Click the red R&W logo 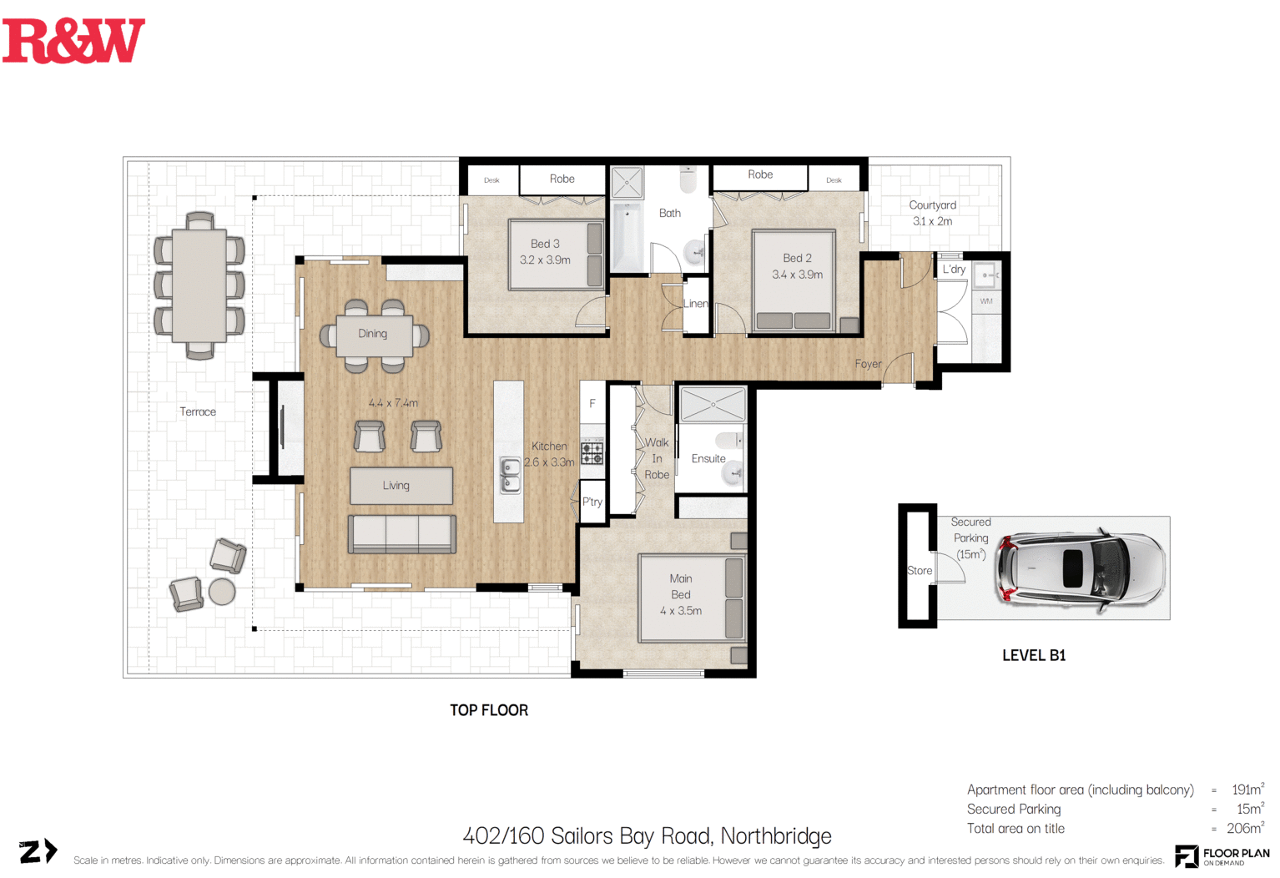[73, 41]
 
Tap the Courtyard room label [932, 205]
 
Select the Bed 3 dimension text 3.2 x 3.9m [545, 260]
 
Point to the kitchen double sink [510, 475]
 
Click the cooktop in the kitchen [592, 452]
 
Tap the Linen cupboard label [695, 304]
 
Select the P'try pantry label [592, 502]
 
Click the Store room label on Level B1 [919, 571]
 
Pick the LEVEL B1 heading [1034, 656]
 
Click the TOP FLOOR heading [489, 710]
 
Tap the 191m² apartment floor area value [1247, 790]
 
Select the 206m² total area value [1245, 828]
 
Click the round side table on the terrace [222, 592]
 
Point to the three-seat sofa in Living [401, 534]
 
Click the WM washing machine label [986, 301]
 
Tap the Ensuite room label [708, 458]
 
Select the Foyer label [868, 364]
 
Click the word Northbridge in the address [775, 836]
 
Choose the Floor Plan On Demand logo [1222, 855]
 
